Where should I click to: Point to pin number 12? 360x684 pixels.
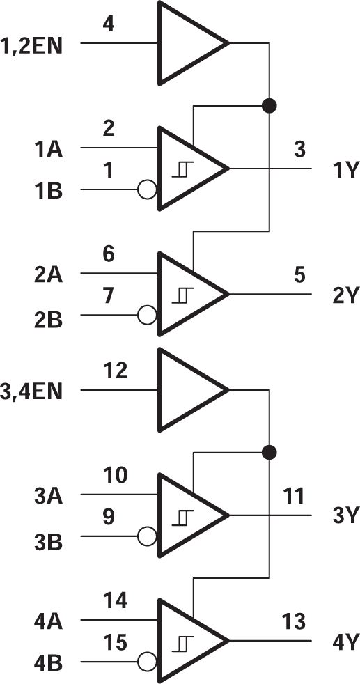(x=115, y=371)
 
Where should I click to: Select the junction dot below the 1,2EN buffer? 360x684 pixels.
(x=269, y=106)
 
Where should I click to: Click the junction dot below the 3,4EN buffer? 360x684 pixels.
(x=269, y=453)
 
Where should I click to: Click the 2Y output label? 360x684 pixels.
(x=344, y=296)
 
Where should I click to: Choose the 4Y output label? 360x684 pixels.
(x=344, y=642)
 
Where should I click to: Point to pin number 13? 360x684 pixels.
(x=294, y=622)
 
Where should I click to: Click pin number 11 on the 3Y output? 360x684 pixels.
(x=294, y=497)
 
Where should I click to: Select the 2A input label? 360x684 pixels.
(x=49, y=275)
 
